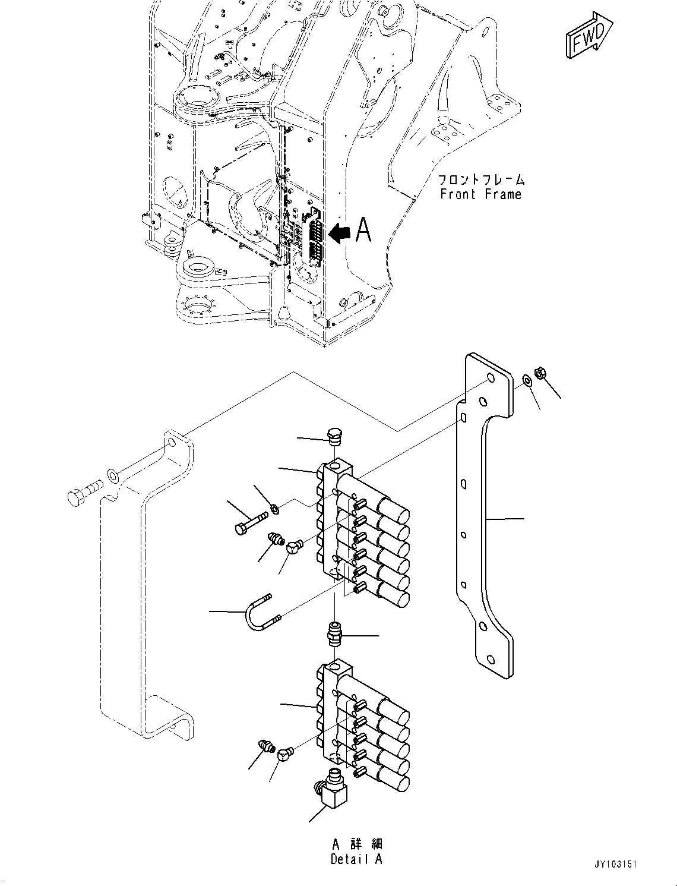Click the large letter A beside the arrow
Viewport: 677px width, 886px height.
[363, 231]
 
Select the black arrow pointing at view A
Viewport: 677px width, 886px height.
[340, 232]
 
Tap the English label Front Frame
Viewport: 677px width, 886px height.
[481, 194]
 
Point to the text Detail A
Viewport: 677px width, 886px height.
[356, 859]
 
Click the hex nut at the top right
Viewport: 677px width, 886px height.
[540, 373]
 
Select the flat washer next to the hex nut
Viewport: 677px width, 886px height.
[526, 380]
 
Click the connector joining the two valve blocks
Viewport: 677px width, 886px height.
[336, 635]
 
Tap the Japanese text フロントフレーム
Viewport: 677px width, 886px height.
[481, 179]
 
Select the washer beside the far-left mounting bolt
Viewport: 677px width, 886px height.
[112, 474]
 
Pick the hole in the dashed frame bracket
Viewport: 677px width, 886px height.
[171, 444]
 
